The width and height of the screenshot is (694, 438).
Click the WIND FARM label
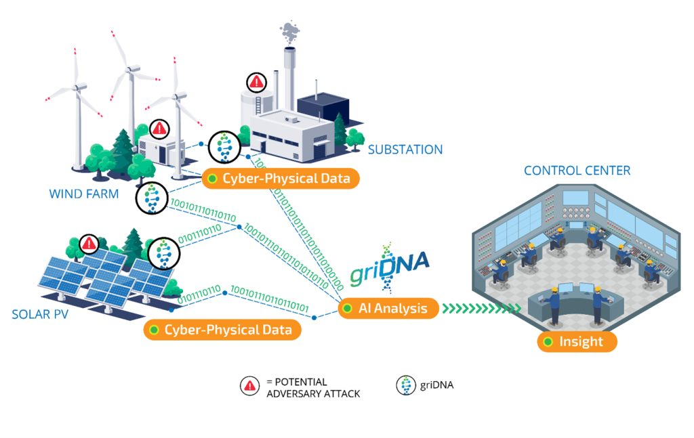click(x=84, y=194)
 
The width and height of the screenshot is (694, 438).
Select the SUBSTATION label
click(x=405, y=150)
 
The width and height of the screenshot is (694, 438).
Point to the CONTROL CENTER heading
click(x=577, y=171)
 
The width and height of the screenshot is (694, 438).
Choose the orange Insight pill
click(x=577, y=342)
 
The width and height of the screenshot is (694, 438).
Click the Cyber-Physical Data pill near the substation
click(x=281, y=179)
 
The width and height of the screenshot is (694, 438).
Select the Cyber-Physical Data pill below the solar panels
click(x=221, y=330)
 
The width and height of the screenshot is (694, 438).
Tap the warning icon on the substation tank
click(x=256, y=83)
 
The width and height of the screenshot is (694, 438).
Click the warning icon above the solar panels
click(x=89, y=243)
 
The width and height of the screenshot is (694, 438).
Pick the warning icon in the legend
click(x=250, y=386)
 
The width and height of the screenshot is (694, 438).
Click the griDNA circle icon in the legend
click(x=406, y=385)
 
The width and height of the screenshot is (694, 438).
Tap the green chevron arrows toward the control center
click(x=481, y=309)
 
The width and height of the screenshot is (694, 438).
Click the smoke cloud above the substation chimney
click(x=289, y=30)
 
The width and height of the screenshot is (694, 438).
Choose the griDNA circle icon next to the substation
click(x=224, y=146)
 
